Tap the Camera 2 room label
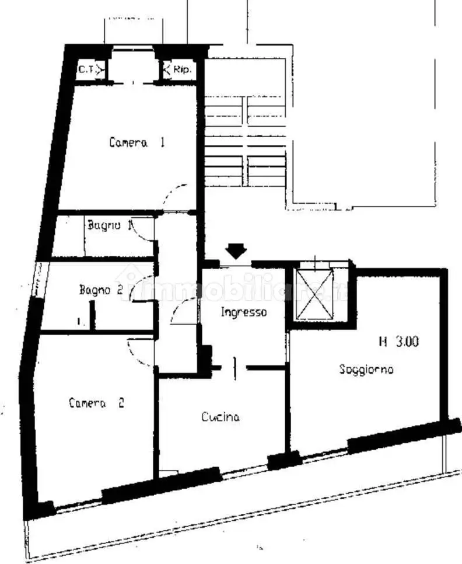point(96,403)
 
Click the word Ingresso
point(243,312)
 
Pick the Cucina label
point(220,417)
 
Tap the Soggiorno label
point(366,370)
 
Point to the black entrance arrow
point(236,251)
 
